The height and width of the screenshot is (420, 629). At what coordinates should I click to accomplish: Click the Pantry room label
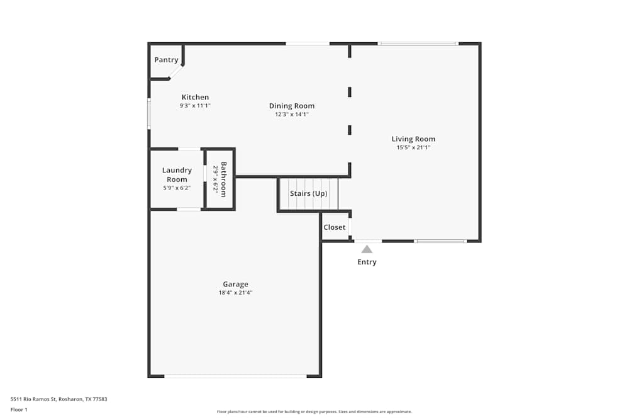tap(167, 60)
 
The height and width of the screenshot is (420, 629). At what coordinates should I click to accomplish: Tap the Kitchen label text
tap(195, 97)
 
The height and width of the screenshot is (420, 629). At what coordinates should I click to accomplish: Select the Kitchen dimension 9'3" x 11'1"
tap(195, 106)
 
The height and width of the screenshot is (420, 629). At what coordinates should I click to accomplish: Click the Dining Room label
tap(292, 106)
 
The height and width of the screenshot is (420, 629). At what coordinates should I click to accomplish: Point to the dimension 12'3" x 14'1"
tap(292, 115)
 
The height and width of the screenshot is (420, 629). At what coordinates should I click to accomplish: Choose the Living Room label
tap(413, 139)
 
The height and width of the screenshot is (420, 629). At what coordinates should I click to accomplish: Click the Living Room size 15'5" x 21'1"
tap(413, 148)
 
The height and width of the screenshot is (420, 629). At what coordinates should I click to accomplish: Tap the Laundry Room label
tap(177, 174)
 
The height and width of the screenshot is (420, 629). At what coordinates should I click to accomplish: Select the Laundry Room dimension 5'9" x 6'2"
tap(177, 188)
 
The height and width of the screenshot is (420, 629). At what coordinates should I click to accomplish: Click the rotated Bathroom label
tap(223, 179)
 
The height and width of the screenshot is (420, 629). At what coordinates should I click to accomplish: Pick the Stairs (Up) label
tap(308, 193)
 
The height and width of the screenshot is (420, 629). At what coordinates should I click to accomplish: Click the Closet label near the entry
tap(335, 227)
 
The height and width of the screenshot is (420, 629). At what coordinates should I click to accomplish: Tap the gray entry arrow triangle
tap(367, 249)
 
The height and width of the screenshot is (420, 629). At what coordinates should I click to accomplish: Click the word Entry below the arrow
tap(367, 262)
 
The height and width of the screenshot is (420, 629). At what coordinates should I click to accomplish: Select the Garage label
tap(235, 284)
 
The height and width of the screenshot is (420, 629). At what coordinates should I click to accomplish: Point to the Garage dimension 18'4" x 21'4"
tap(235, 293)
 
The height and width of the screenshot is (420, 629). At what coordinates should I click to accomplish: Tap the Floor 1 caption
tap(19, 410)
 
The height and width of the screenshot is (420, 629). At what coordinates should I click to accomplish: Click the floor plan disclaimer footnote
tap(314, 412)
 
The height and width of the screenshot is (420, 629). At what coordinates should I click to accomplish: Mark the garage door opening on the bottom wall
tap(235, 376)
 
